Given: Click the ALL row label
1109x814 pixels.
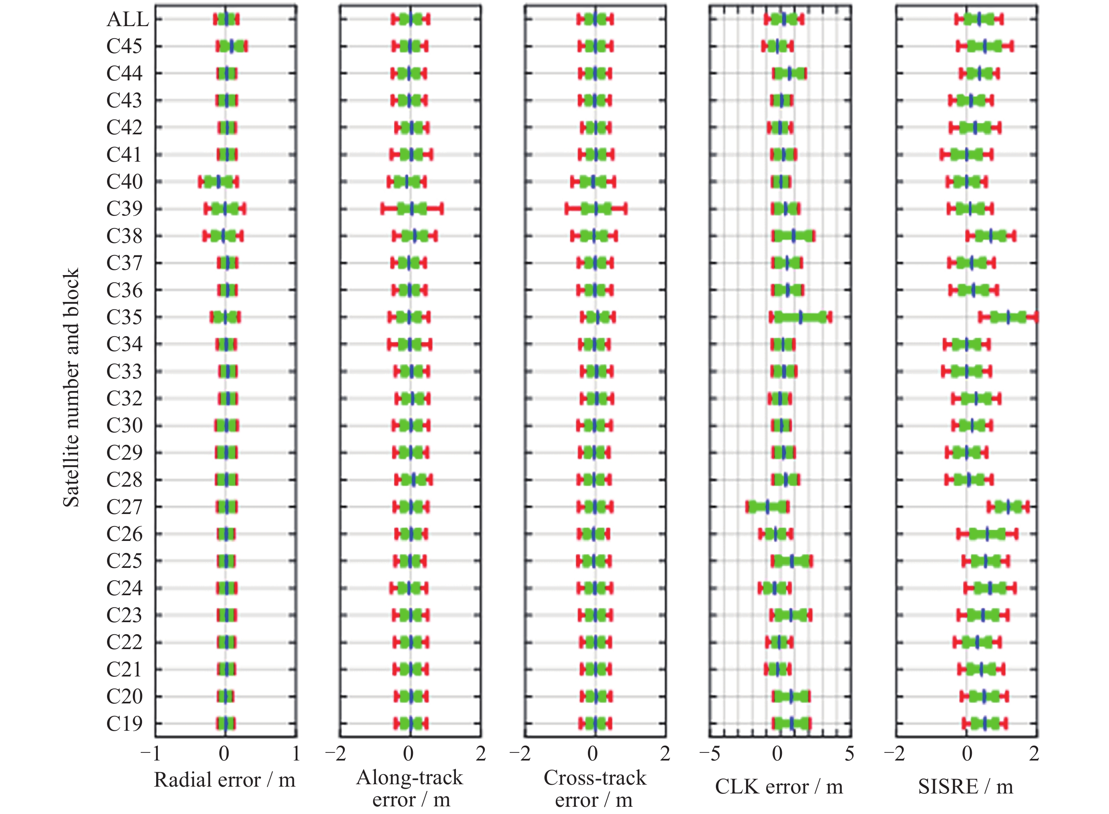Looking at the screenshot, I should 127,19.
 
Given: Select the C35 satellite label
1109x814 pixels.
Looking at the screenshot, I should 124,317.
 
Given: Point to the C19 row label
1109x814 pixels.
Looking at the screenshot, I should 124,724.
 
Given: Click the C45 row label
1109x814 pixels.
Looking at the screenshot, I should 124,46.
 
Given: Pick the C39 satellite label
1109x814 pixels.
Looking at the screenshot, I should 124,209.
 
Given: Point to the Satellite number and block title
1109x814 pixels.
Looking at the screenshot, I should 71,387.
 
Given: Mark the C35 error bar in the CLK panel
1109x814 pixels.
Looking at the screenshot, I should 800,317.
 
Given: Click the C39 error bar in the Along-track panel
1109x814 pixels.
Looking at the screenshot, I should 412,209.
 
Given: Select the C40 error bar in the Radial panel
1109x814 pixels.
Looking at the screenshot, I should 219,182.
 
